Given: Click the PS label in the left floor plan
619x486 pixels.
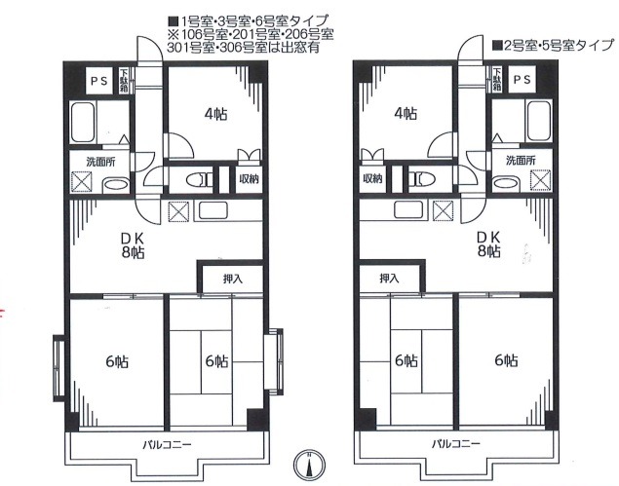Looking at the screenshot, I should tap(98, 81).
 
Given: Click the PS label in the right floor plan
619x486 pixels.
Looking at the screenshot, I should tap(522, 81).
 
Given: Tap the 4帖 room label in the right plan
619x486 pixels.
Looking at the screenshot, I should tap(406, 114).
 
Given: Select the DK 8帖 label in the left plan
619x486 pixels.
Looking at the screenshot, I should tap(130, 244).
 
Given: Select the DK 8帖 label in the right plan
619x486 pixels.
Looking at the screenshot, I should tap(489, 244).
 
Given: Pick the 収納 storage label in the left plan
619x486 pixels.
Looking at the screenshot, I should tap(249, 179).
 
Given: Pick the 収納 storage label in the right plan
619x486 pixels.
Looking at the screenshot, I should tap(372, 179).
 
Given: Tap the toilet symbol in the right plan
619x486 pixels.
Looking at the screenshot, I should tap(418, 179).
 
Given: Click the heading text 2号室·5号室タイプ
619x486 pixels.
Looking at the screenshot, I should tap(552, 45).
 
